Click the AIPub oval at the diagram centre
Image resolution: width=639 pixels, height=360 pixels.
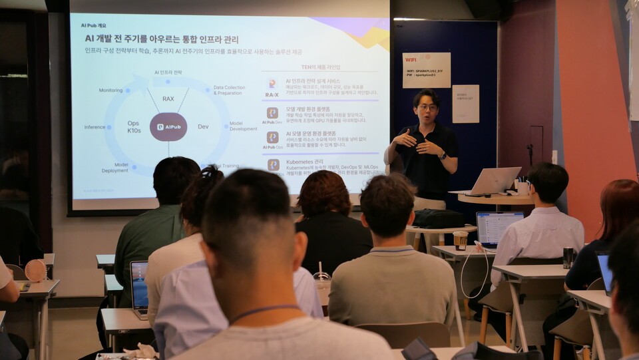coord(168,126)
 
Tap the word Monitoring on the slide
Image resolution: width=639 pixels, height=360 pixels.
coord(110,90)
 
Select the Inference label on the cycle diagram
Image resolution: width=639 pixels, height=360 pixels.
coord(95,126)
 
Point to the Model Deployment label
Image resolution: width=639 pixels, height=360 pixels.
coord(114,168)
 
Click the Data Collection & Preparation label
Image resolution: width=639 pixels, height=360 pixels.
coord(229,90)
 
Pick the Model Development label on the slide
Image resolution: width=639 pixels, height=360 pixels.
coord(243,126)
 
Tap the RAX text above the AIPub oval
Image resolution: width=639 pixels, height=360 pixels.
coord(168,98)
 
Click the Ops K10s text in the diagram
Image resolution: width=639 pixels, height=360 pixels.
coord(134,126)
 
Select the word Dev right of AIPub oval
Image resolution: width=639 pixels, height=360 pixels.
coord(203,126)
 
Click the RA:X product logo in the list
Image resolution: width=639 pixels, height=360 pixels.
coord(272,87)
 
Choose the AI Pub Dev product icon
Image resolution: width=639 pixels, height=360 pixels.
coord(272,114)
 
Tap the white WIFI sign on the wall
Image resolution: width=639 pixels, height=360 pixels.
coord(426,70)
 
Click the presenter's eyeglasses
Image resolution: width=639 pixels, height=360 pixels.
coord(427,107)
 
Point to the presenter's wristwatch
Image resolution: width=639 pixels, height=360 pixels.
coord(443,156)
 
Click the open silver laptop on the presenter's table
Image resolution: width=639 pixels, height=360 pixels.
coord(492,180)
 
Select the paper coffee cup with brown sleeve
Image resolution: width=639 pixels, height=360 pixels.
coord(460,240)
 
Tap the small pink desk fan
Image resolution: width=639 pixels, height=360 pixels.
coord(35,270)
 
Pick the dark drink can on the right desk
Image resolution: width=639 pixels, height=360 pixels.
coord(568,258)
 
